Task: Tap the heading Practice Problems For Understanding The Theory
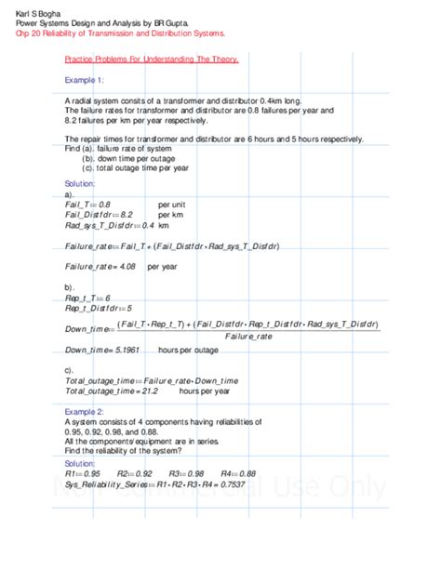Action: [152, 59]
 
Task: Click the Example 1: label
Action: [85, 81]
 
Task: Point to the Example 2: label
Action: [85, 410]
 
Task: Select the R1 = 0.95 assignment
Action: [83, 472]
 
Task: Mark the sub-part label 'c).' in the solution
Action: [70, 370]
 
